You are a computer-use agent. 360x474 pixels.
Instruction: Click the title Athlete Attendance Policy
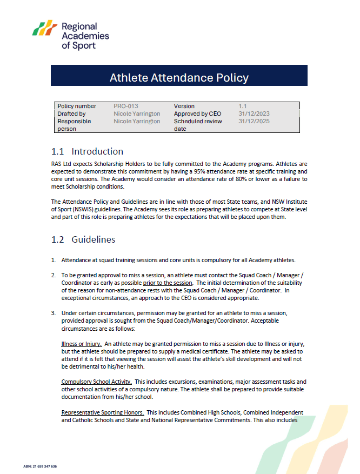click(179, 77)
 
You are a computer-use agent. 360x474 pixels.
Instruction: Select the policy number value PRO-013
click(126, 106)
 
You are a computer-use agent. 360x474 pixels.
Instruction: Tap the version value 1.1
click(243, 106)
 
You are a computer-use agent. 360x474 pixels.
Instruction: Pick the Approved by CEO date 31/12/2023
click(254, 114)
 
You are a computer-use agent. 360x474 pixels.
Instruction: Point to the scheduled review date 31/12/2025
click(254, 122)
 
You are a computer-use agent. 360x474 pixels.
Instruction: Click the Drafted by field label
click(71, 114)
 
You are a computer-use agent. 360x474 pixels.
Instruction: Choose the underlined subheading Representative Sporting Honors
click(102, 412)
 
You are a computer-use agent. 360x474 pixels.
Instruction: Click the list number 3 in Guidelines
click(54, 313)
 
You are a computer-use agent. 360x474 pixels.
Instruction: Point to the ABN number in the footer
click(40, 466)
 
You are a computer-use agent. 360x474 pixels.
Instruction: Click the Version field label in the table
click(184, 106)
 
